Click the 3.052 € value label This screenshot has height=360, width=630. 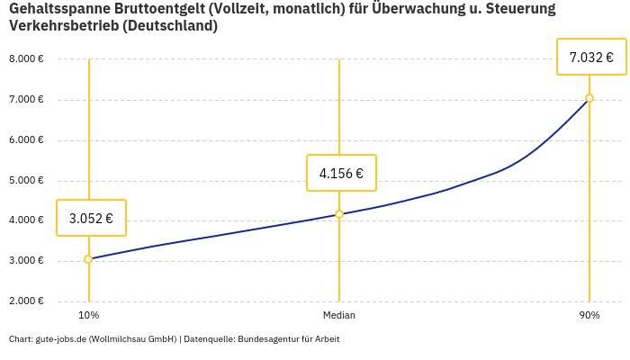pyautogui.click(x=91, y=218)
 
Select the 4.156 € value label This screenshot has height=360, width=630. pyautogui.click(x=341, y=173)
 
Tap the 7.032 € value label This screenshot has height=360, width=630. pyautogui.click(x=591, y=58)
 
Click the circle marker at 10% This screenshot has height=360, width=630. pyautogui.click(x=88, y=259)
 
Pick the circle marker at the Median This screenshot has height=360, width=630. pyautogui.click(x=339, y=214)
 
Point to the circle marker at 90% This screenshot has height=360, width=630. pyautogui.click(x=589, y=98)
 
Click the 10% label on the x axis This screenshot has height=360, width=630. pyautogui.click(x=88, y=315)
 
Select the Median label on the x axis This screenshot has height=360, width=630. pyautogui.click(x=339, y=315)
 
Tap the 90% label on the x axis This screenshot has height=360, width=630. pyautogui.click(x=589, y=315)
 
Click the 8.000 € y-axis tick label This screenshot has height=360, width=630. pyautogui.click(x=26, y=59)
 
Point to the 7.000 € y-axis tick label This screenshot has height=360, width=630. pyautogui.click(x=26, y=100)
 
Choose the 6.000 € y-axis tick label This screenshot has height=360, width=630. pyautogui.click(x=26, y=140)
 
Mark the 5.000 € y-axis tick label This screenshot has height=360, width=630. pyautogui.click(x=26, y=181)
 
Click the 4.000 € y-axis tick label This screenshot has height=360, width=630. pyautogui.click(x=26, y=220)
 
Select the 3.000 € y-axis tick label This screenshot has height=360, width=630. pyautogui.click(x=26, y=261)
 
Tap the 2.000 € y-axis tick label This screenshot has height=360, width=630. pyautogui.click(x=26, y=301)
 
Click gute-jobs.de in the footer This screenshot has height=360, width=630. pyautogui.click(x=60, y=339)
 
